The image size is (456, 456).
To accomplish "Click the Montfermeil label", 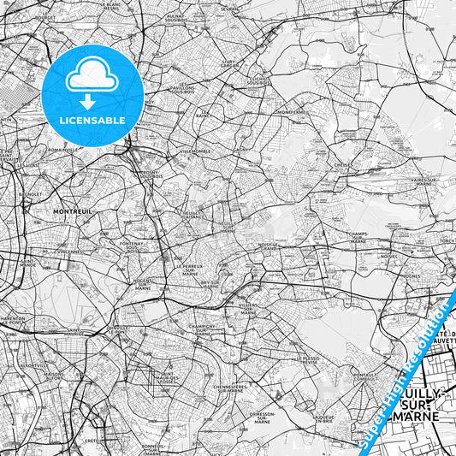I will point(291,111).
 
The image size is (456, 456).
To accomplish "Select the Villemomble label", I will point(195,151).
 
